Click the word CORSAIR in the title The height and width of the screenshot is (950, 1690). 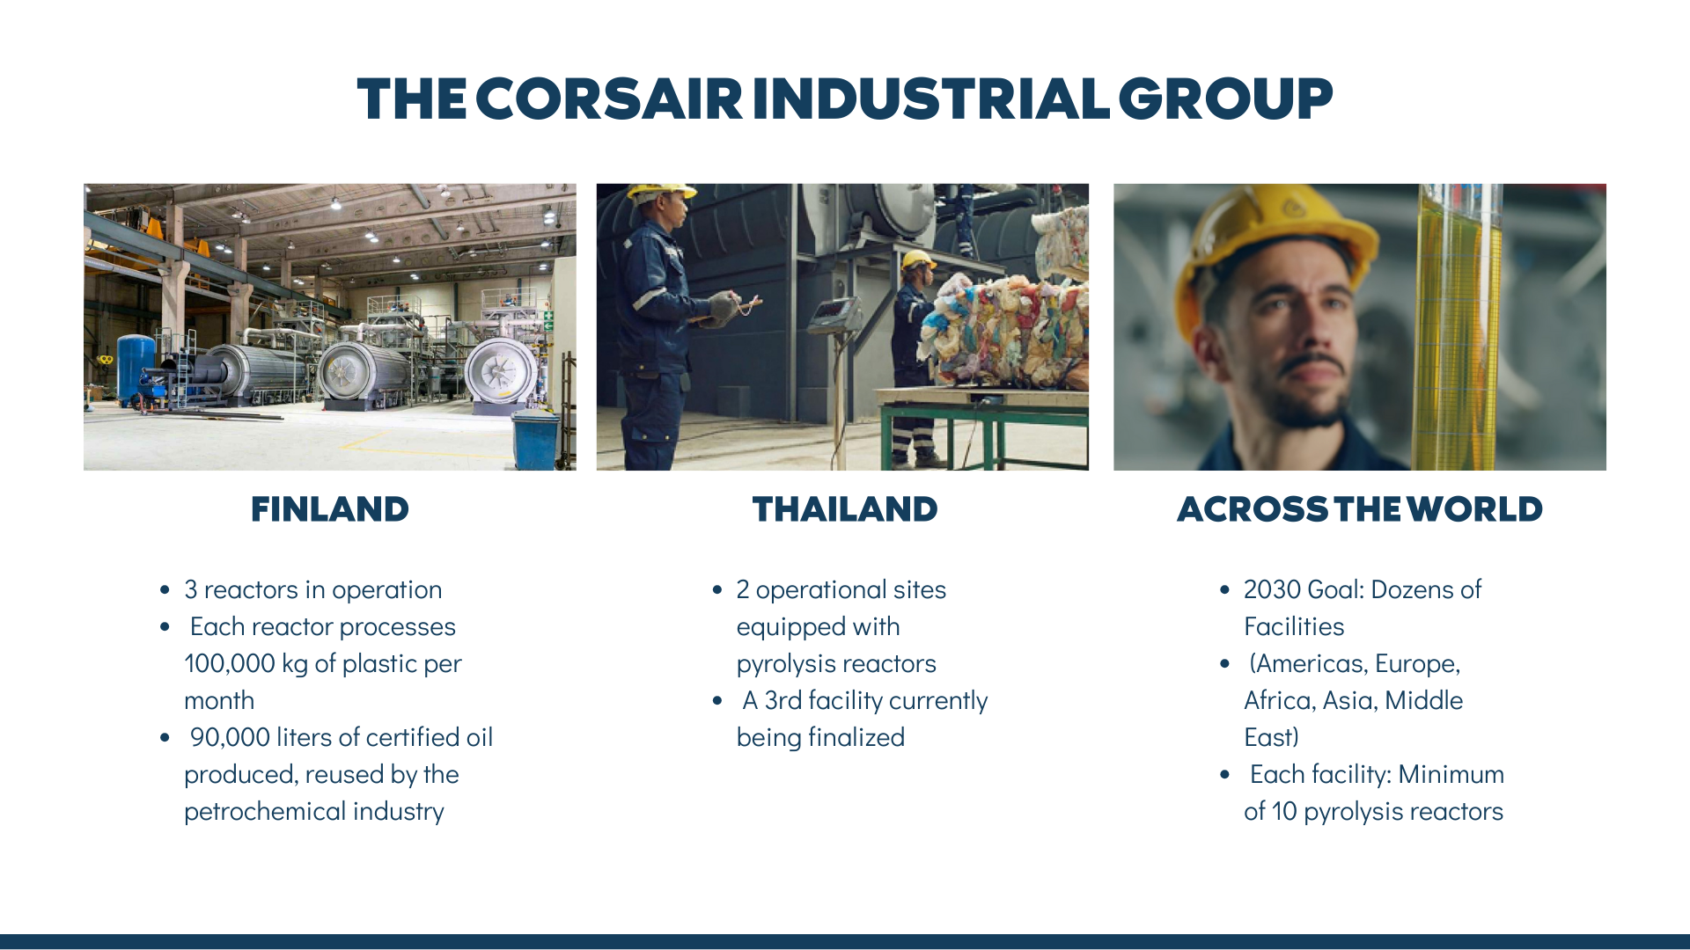click(x=609, y=99)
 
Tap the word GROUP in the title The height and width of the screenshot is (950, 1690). click(x=1225, y=99)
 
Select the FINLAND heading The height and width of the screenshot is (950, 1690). click(x=330, y=509)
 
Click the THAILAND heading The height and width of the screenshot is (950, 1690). click(x=845, y=509)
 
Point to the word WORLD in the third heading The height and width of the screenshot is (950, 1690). click(x=1480, y=509)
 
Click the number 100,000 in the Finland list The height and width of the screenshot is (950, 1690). click(x=230, y=663)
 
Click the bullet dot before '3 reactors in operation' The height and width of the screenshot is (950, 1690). click(x=165, y=590)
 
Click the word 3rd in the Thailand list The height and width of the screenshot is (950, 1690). click(x=783, y=700)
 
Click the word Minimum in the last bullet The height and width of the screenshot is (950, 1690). click(x=1451, y=774)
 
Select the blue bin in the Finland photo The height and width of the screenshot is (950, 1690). click(x=535, y=439)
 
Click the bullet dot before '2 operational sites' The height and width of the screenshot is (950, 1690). click(x=717, y=590)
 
